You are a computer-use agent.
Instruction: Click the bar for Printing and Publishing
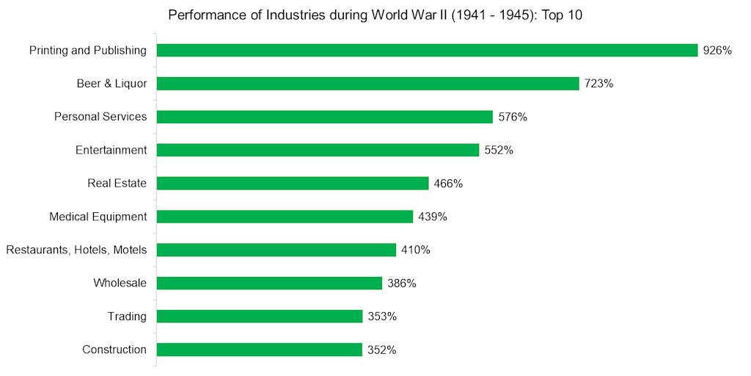point(427,50)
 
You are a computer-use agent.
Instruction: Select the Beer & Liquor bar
point(367,84)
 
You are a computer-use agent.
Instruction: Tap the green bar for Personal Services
point(324,117)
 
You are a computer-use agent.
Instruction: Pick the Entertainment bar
point(318,150)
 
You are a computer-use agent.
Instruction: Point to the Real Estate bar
point(293,184)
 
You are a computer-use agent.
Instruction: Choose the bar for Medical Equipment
point(285,217)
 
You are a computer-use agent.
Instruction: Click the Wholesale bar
point(269,283)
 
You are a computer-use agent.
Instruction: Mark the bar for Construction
point(260,350)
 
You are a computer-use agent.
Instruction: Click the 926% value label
point(717,51)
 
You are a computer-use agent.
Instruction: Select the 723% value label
point(598,84)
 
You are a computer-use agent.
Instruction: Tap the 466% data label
point(448,184)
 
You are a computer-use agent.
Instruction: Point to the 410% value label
point(416,250)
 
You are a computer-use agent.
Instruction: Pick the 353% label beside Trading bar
point(382,317)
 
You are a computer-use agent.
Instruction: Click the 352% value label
point(382,350)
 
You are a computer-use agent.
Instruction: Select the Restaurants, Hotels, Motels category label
point(76,250)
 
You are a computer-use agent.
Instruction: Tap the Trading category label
point(127,317)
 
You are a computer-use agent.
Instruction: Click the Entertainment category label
point(111,150)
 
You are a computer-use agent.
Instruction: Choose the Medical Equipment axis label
point(98,217)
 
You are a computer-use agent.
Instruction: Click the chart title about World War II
point(375,15)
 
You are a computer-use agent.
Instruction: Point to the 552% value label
point(499,150)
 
